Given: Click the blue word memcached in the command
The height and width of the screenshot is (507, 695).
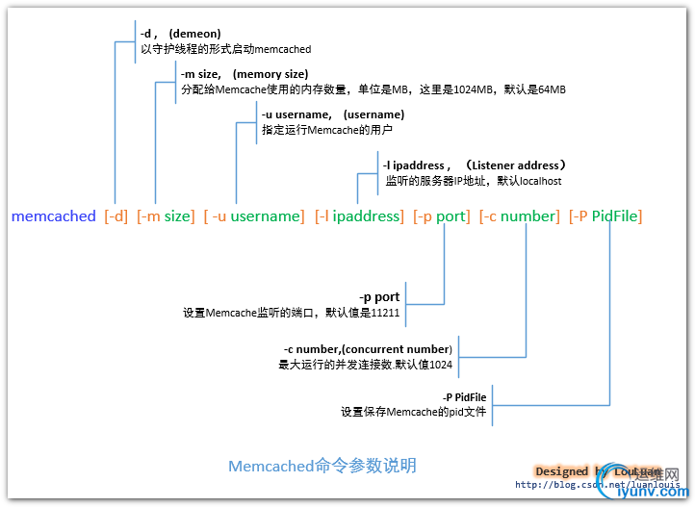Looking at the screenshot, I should (x=54, y=216).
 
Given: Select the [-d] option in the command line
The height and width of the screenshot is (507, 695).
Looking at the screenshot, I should (x=116, y=216).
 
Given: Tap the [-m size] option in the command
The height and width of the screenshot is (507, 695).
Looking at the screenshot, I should (x=166, y=216).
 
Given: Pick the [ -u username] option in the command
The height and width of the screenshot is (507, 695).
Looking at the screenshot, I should (x=254, y=216).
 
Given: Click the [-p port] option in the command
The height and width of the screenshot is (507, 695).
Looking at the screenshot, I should (x=442, y=216).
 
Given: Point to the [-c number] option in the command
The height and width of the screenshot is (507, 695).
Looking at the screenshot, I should (x=519, y=216).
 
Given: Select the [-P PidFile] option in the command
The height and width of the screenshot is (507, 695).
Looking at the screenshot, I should (x=605, y=216).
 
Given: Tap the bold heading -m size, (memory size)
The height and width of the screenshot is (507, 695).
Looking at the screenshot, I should (x=245, y=74).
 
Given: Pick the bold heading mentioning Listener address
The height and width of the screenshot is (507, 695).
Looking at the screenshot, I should (x=476, y=165).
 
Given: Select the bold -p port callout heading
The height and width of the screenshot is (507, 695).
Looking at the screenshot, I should (x=379, y=297).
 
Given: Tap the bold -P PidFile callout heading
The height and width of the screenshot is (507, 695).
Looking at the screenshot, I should (x=464, y=396).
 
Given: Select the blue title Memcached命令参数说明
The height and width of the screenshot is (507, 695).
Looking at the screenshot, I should (x=322, y=466).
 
